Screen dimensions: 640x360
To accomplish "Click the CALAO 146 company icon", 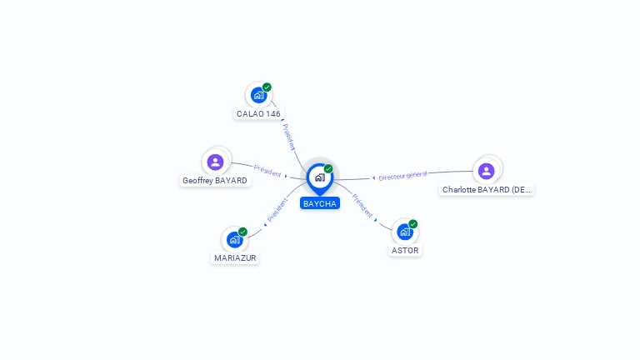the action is coord(259,96).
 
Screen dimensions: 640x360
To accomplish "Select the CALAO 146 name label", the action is coord(258,114).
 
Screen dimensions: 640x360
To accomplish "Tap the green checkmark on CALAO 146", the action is coord(267,87).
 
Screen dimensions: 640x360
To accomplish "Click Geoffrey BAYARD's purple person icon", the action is coord(215,162).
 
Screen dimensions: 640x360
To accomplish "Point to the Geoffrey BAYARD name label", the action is coord(215,180).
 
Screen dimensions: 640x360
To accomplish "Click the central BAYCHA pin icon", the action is coord(320,179).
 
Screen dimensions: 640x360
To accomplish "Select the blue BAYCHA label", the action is coord(320,203).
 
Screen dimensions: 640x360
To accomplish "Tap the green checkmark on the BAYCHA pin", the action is coord(328,168).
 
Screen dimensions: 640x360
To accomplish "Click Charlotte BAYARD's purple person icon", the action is coord(486,171).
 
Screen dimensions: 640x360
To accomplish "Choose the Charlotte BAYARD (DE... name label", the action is coord(486,189).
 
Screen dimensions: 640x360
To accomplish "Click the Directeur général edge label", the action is coord(402,176).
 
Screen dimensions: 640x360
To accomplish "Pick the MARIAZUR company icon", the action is coord(235,240).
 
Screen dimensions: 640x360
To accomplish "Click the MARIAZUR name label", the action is coord(235,258).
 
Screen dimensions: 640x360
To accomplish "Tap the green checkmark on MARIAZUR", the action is coord(242,232).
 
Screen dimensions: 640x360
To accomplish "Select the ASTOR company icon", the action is coord(405,232).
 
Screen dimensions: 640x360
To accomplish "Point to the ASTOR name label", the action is coord(405,250).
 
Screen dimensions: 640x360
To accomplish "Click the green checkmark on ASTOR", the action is coord(413,224).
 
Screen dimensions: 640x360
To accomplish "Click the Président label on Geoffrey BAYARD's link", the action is coord(267,171).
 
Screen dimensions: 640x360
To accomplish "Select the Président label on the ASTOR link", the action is coord(362,206).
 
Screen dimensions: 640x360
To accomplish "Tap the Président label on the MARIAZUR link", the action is coord(277,210).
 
